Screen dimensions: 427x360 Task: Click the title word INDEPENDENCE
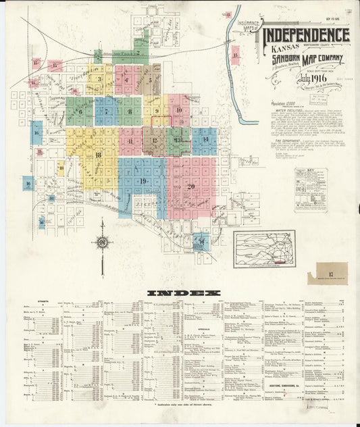pos(305,35)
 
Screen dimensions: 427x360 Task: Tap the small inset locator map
pos(264,249)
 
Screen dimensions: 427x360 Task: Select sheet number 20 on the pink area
pos(190,186)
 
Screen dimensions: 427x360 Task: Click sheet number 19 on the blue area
pos(143,181)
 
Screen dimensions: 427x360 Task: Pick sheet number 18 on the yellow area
pos(99,155)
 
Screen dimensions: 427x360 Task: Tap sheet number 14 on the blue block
pos(205,139)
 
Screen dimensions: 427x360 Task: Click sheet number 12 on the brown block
pos(155,141)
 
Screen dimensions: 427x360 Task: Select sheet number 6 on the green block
pos(80,111)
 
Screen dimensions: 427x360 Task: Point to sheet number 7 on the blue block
pos(106,111)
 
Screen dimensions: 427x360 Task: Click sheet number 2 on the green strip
pos(137,51)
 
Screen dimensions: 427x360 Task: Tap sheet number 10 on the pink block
pos(179,109)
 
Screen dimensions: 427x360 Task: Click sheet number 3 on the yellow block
pos(100,79)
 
